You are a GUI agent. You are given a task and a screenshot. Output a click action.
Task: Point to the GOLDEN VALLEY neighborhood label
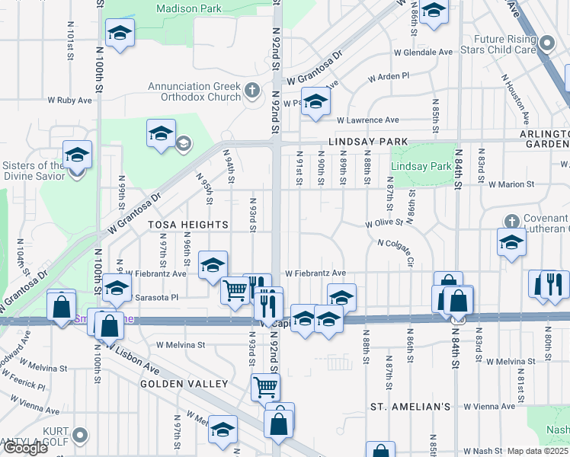tap(184, 384)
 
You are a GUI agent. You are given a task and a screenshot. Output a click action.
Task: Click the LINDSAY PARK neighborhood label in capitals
tap(368, 142)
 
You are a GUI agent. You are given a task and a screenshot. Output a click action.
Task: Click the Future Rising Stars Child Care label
tap(505, 45)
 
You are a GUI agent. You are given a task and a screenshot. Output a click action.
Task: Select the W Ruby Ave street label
tap(69, 100)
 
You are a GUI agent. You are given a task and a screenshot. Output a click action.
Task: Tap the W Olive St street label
tap(383, 224)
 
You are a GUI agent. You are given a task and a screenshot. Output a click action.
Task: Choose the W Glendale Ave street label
tap(423, 53)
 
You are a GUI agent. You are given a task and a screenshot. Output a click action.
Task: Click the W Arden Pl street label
tap(389, 77)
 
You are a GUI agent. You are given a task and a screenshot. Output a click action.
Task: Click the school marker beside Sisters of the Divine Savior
tap(77, 155)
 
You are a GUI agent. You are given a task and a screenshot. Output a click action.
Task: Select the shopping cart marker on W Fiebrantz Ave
tap(235, 289)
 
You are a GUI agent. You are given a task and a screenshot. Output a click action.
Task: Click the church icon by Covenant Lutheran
tap(511, 221)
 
